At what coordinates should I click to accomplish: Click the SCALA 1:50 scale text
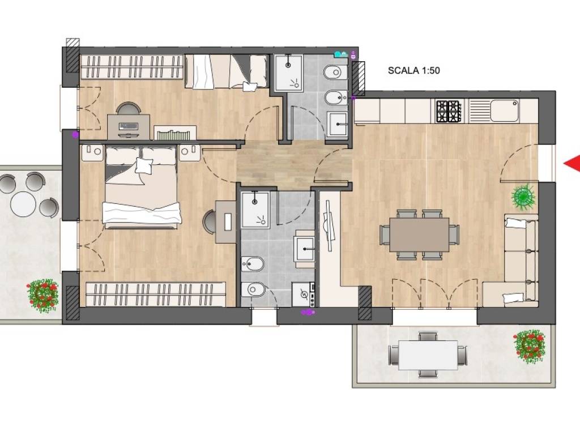[413, 70]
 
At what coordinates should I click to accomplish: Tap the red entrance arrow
[572, 163]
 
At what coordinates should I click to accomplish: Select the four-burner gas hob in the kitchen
[449, 112]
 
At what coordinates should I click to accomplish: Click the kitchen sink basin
[504, 110]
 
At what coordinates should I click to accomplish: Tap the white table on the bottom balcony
[428, 355]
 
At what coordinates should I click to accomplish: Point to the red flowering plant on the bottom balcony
[530, 347]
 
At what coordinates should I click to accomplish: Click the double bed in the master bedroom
[142, 187]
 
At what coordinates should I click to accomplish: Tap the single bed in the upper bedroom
[226, 72]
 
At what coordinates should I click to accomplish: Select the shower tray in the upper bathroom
[288, 73]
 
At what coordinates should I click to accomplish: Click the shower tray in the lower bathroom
[255, 210]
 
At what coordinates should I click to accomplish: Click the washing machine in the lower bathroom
[304, 295]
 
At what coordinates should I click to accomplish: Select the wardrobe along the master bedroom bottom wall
[156, 294]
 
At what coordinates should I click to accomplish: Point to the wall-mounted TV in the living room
[329, 225]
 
